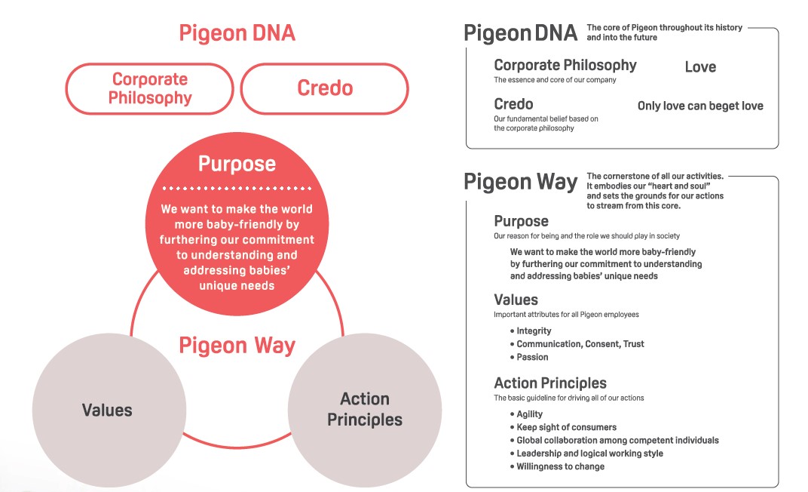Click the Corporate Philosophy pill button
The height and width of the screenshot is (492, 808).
[149, 89]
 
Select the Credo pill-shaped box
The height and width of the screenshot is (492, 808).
[325, 89]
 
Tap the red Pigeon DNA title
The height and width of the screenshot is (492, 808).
[237, 33]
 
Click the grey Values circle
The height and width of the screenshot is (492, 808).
[109, 410]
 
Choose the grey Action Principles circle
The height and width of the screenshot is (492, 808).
[365, 410]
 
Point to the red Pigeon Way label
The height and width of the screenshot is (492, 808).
[237, 346]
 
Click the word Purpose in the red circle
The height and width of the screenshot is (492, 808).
[237, 164]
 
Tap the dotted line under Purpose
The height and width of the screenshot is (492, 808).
[237, 188]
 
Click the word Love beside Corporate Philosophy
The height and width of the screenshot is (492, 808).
[700, 66]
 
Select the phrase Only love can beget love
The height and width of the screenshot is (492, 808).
[700, 106]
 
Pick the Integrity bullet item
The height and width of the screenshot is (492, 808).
[531, 331]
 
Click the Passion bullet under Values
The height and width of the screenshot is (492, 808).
[529, 357]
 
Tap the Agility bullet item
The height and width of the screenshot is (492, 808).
[526, 414]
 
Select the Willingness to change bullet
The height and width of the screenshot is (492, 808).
[557, 466]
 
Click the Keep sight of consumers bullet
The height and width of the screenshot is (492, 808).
[563, 427]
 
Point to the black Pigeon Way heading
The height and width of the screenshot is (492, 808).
[521, 182]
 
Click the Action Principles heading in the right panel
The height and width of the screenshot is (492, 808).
[550, 383]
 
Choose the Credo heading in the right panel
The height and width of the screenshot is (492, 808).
[513, 104]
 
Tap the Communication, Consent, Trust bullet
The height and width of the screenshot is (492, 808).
[577, 344]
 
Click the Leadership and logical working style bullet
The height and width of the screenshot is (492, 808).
[586, 454]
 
